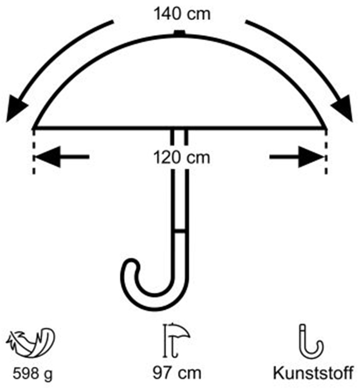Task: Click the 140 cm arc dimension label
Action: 182,14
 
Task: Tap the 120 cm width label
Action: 182,157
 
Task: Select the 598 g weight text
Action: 32,374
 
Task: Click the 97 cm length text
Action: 177,373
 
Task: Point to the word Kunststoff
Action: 313,373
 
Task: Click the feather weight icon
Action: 30,343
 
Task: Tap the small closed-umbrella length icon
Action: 176,341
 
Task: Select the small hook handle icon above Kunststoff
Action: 311,341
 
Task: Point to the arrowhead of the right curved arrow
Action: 343,109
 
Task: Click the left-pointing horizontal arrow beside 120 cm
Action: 62,157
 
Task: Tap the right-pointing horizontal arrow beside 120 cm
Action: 296,157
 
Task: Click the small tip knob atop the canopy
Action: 179,33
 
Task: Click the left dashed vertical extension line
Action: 34,152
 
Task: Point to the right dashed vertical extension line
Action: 326,152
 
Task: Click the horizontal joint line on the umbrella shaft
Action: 179,231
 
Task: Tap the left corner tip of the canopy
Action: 33,128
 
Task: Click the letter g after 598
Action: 49,376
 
